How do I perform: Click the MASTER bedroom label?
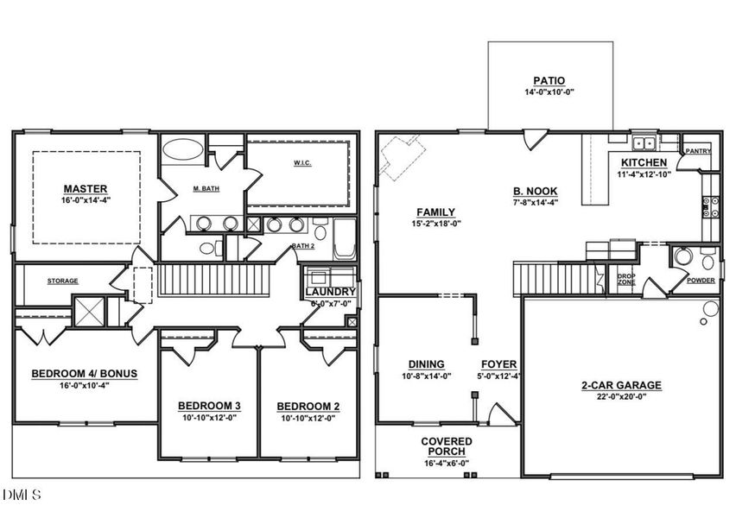click(85, 188)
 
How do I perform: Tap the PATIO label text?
click(549, 80)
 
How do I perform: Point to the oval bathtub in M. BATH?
click(183, 148)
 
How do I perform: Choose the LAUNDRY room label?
click(330, 292)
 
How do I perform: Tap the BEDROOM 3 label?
click(209, 406)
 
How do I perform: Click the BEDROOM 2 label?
click(308, 406)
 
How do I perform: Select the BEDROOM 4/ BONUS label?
click(84, 373)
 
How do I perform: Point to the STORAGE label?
click(62, 281)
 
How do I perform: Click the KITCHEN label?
click(644, 162)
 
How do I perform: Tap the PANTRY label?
click(698, 151)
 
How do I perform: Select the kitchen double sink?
click(643, 143)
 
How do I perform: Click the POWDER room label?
click(701, 280)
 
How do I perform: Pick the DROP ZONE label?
click(626, 279)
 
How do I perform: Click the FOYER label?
click(498, 364)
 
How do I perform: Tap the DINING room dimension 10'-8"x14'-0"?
click(427, 376)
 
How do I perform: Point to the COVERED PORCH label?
click(447, 446)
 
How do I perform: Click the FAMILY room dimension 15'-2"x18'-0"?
click(435, 223)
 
